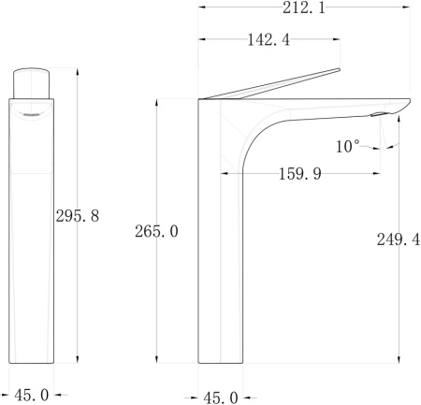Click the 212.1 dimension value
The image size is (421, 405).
[304, 7]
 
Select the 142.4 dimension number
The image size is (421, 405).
[269, 40]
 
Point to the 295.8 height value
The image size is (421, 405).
[78, 216]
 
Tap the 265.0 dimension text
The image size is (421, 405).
[156, 231]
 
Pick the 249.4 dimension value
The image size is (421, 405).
[399, 239]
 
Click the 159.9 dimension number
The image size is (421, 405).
[299, 174]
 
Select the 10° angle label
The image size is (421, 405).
[347, 146]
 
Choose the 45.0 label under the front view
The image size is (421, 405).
[32, 396]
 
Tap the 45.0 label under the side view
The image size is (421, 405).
[221, 398]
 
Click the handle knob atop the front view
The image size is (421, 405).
[31, 83]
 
